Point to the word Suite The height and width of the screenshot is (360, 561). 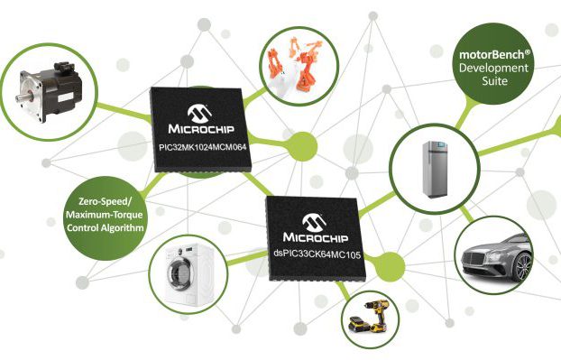coord(492,81)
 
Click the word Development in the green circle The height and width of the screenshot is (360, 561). coord(492,68)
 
